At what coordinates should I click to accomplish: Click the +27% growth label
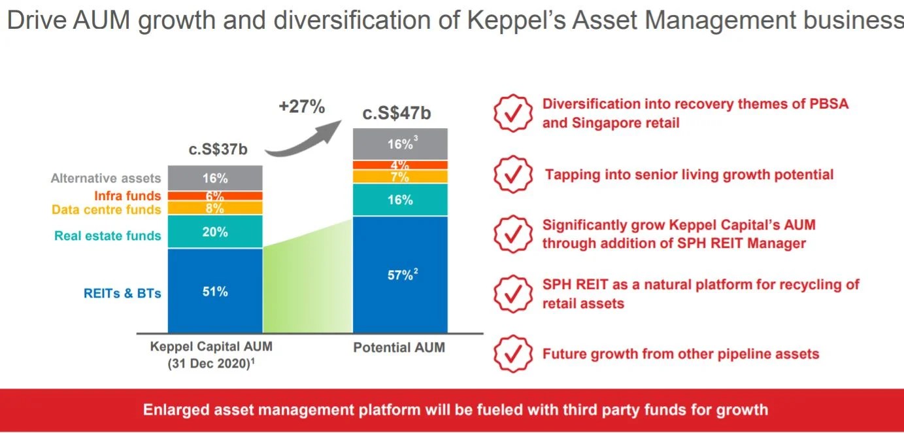(x=301, y=107)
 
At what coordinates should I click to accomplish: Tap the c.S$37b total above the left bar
(x=218, y=150)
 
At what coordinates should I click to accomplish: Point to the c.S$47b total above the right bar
(x=397, y=113)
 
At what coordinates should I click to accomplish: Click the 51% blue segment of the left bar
(x=215, y=291)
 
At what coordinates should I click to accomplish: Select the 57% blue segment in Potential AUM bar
(x=400, y=275)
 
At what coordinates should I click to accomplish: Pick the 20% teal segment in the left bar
(x=215, y=232)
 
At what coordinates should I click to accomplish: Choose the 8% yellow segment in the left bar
(x=215, y=208)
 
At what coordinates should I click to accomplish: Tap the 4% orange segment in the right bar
(x=400, y=165)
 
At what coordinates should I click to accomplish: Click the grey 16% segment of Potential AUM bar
(x=400, y=145)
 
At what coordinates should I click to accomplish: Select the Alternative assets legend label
(x=105, y=178)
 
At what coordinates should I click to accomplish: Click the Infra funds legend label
(x=127, y=195)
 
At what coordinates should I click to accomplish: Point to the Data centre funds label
(x=106, y=210)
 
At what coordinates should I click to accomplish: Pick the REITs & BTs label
(x=122, y=293)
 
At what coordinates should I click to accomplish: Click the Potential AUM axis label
(x=399, y=347)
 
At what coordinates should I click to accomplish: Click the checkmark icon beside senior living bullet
(x=511, y=174)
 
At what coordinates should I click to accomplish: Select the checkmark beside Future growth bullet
(x=511, y=354)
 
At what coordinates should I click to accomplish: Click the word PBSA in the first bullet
(x=826, y=105)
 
